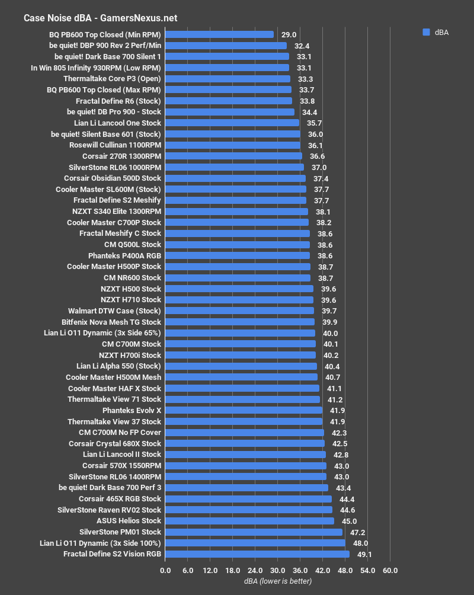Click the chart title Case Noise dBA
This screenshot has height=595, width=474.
[x=100, y=18]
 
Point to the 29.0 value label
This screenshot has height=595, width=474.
[x=289, y=35]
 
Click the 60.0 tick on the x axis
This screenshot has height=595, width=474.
[x=390, y=570]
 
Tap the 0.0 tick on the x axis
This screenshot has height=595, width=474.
[x=165, y=570]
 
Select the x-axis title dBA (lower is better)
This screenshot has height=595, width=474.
[x=278, y=581]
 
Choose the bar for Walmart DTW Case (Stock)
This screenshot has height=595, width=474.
[x=239, y=311]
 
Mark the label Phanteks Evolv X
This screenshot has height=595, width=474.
[x=132, y=410]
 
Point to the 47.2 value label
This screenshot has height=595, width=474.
[x=357, y=532]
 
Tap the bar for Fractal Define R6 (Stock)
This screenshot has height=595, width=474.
[x=229, y=101]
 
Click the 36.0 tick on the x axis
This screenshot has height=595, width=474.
[x=300, y=570]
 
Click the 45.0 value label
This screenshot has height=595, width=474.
[x=349, y=521]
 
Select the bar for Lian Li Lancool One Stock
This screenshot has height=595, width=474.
[x=232, y=123]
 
